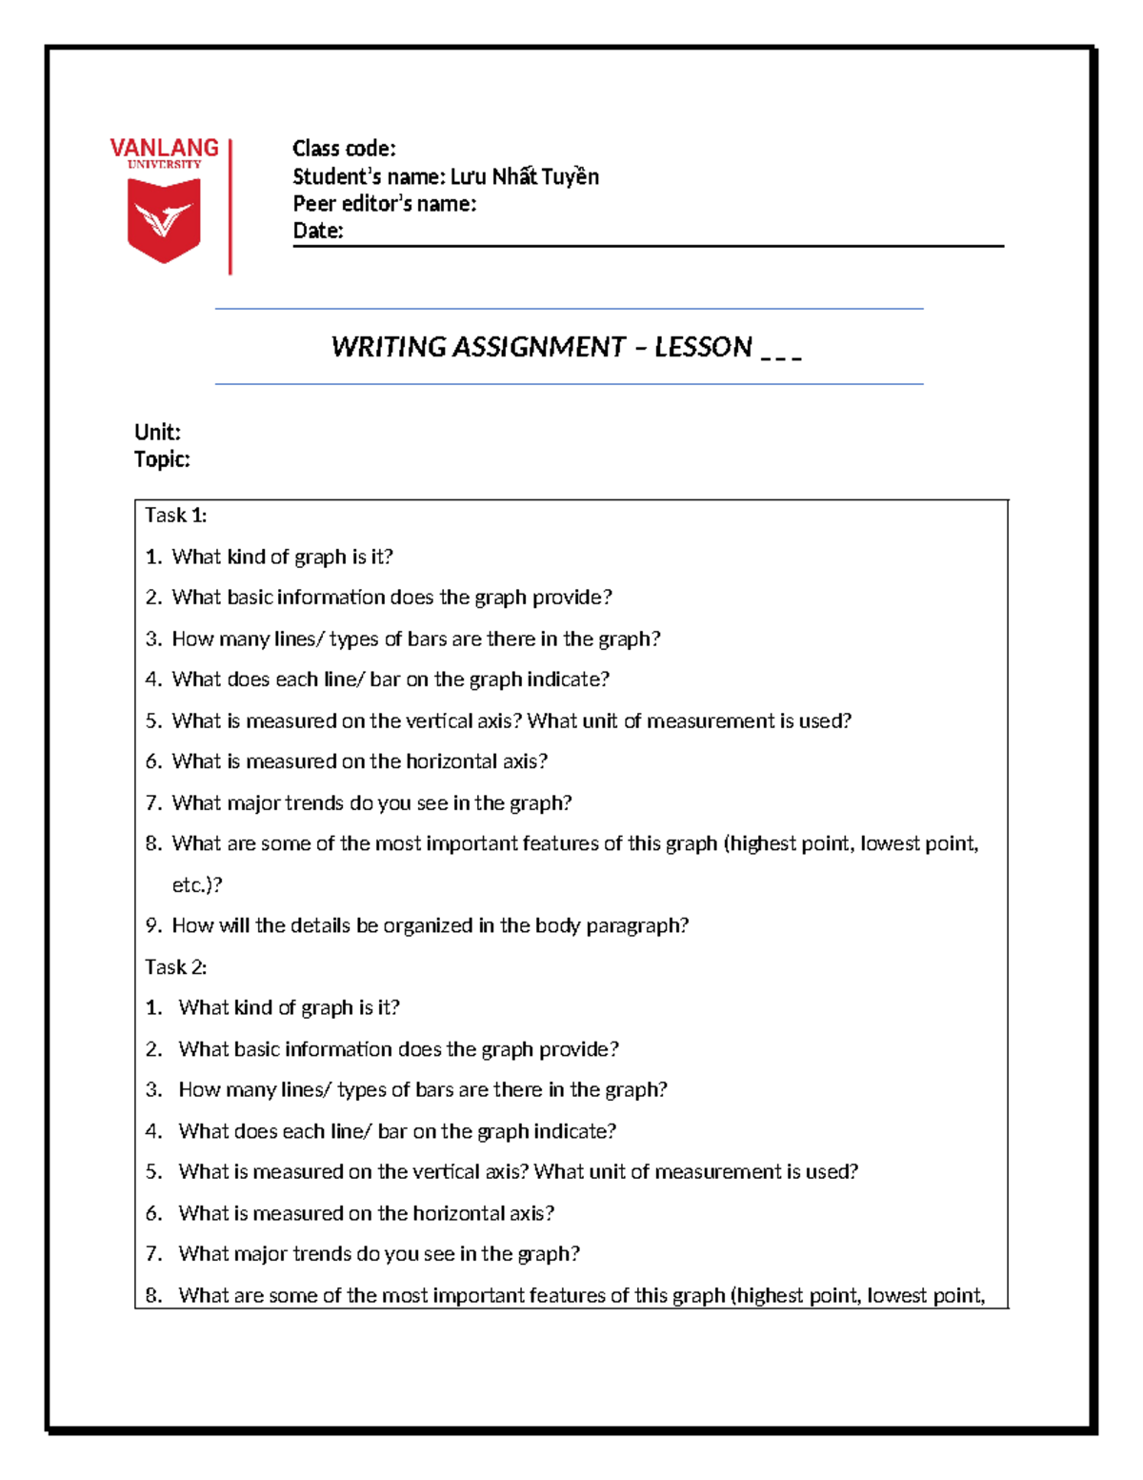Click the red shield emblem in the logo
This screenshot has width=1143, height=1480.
pos(164,220)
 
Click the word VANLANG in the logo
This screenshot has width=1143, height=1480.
pos(164,148)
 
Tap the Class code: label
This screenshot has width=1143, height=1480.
pos(344,149)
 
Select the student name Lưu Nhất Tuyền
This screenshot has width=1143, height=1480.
pos(524,176)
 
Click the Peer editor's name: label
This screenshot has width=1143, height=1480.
pos(384,203)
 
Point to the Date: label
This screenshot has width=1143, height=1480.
pos(317,231)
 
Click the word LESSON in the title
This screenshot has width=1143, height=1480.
pos(703,347)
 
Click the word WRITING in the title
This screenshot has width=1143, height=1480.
pos(388,347)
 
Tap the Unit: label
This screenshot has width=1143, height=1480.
pos(157,432)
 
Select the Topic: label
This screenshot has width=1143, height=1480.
pos(162,459)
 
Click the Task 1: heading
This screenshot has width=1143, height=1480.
pos(175,516)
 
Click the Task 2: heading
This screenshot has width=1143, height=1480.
pos(175,967)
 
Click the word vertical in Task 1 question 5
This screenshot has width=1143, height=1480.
pos(439,721)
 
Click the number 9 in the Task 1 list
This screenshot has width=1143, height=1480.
pos(152,926)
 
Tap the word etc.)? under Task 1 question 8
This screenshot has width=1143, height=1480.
pos(197,885)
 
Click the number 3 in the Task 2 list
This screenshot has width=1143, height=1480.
pos(152,1090)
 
